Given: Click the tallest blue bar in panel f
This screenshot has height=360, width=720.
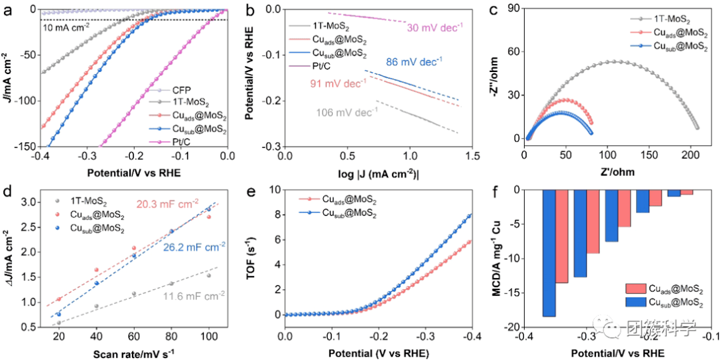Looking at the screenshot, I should (x=549, y=253).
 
